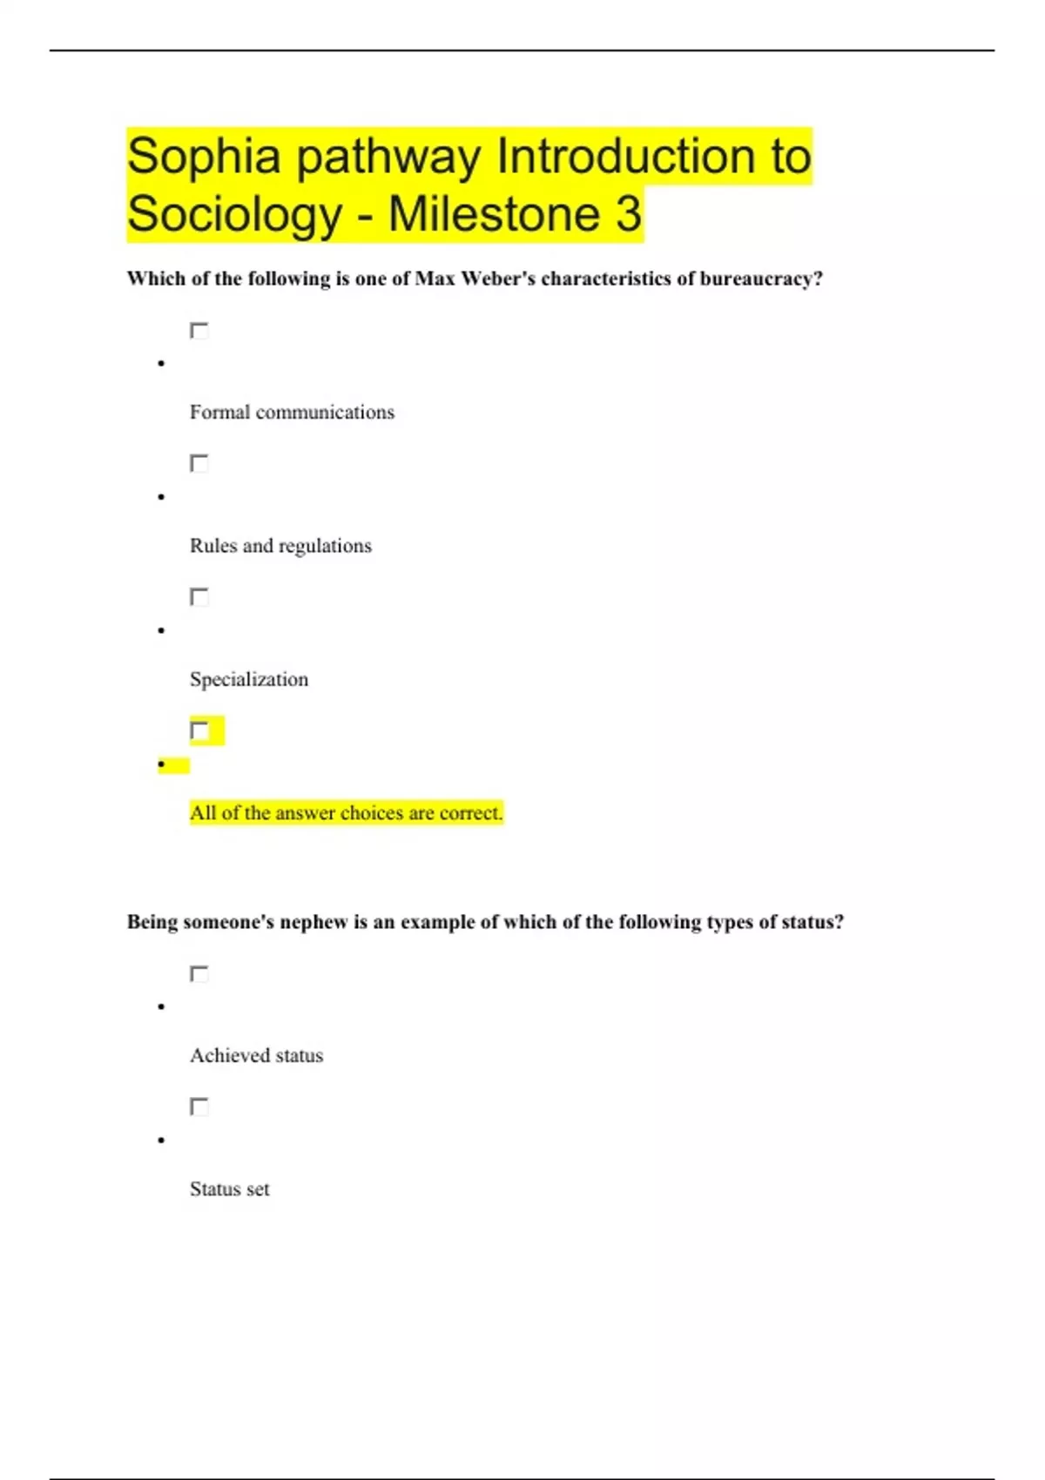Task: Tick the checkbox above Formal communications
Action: tap(199, 331)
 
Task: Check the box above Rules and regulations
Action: tap(199, 463)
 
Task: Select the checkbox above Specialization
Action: tap(199, 597)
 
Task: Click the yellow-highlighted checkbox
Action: tap(199, 730)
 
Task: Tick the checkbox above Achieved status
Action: tap(199, 974)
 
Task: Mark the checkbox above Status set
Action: tap(199, 1107)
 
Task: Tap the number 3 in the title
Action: tap(629, 214)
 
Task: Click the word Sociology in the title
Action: tap(234, 215)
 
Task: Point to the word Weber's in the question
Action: tap(497, 279)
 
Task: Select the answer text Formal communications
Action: tap(292, 413)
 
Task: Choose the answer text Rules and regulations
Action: tap(280, 546)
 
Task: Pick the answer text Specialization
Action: tap(249, 680)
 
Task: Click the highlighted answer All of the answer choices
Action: tap(346, 813)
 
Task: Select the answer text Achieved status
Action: tap(256, 1056)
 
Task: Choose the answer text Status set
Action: tap(230, 1189)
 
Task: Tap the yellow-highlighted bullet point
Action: tap(163, 765)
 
